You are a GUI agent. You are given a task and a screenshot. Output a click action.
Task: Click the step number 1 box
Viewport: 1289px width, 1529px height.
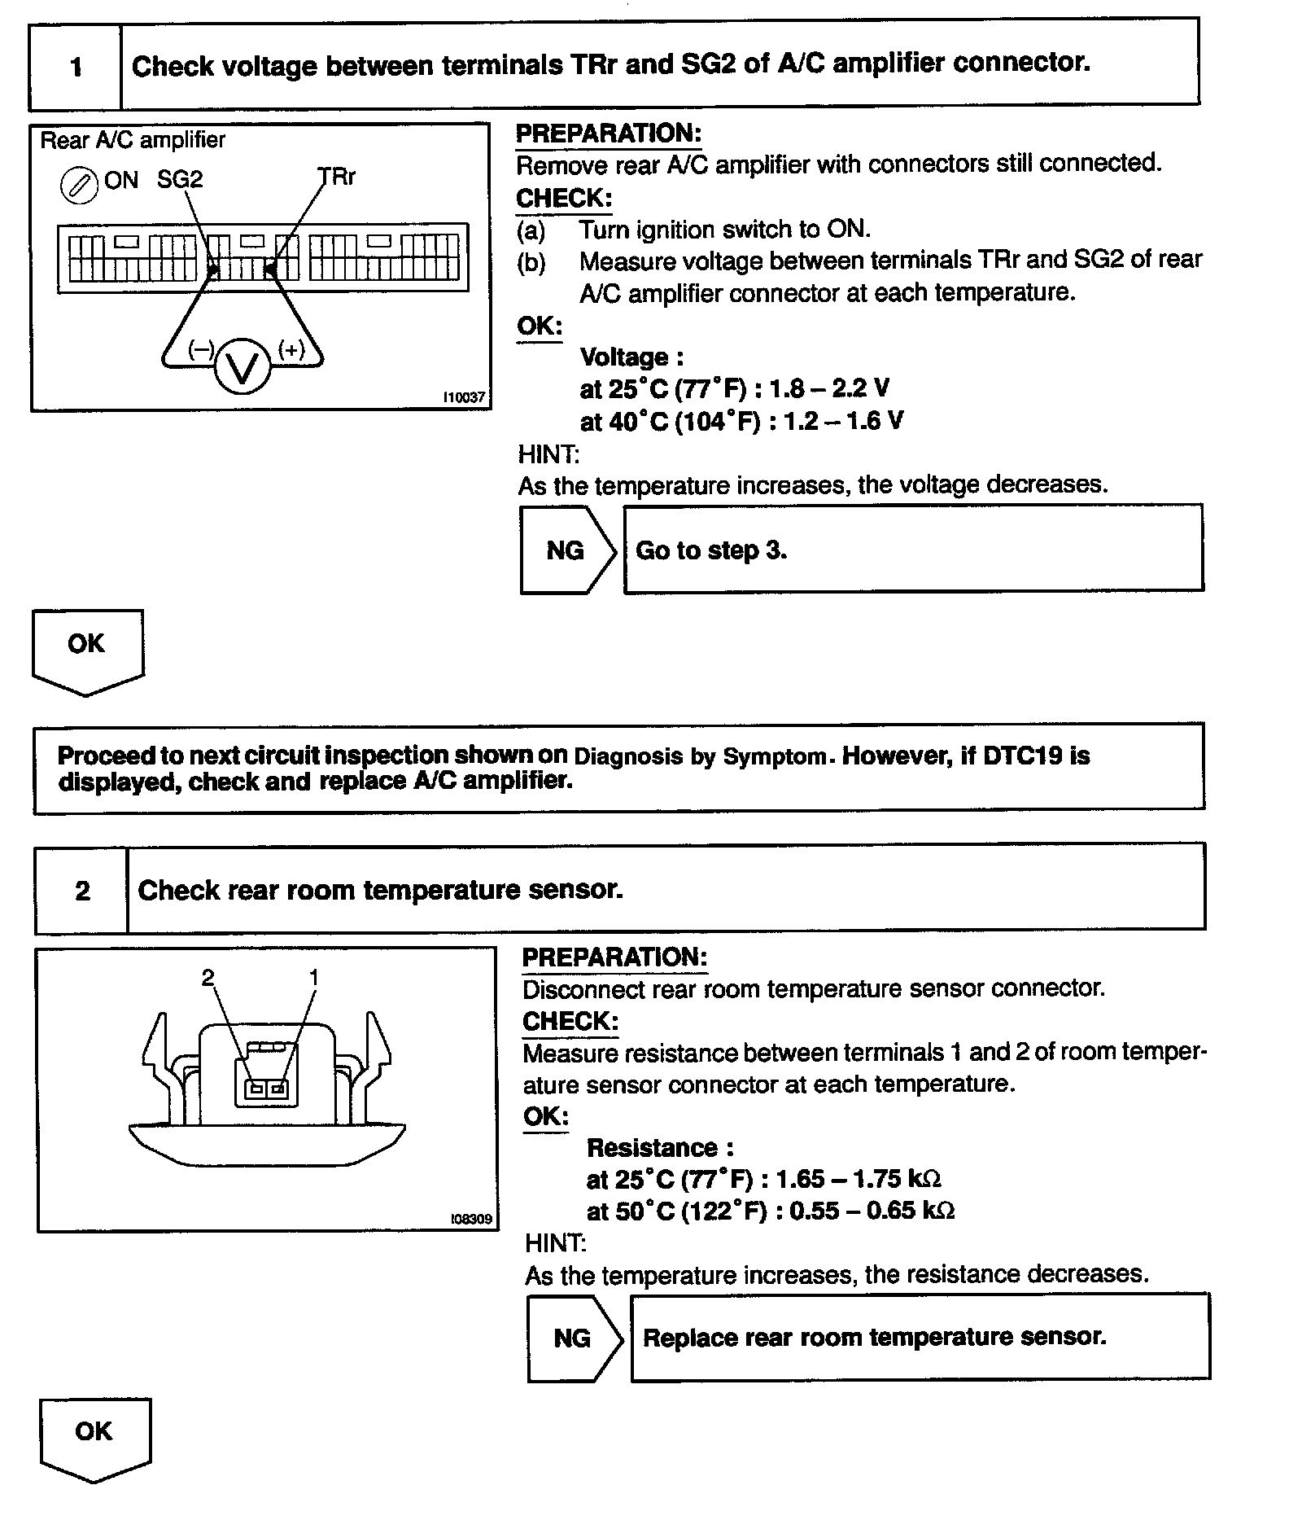pyautogui.click(x=76, y=66)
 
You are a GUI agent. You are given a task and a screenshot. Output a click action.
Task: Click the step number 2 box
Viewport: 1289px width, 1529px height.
pyautogui.click(x=82, y=890)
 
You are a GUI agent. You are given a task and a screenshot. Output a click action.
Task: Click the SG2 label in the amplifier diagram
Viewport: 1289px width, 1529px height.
pyautogui.click(x=180, y=179)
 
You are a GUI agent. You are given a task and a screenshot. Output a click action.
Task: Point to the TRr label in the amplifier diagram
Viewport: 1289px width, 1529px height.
pyautogui.click(x=337, y=177)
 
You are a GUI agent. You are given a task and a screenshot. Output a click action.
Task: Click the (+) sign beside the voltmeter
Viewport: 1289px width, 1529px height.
pyautogui.click(x=291, y=349)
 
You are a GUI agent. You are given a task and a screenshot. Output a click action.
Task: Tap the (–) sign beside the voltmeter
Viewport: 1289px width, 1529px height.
pyautogui.click(x=200, y=350)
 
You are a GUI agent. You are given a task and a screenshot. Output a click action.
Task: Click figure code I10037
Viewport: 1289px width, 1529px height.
pyautogui.click(x=464, y=397)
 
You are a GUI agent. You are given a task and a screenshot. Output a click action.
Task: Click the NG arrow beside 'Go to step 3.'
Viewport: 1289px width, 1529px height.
pyautogui.click(x=567, y=550)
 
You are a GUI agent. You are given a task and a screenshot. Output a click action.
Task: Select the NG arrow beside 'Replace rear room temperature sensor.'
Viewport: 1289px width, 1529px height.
pyautogui.click(x=574, y=1338)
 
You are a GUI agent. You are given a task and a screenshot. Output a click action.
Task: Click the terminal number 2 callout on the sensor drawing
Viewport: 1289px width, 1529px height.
pyautogui.click(x=208, y=977)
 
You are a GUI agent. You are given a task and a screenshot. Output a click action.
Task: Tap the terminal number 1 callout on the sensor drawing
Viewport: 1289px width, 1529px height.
pyautogui.click(x=314, y=977)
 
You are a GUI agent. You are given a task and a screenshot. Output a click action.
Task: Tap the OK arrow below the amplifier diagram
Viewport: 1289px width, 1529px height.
pyautogui.click(x=87, y=650)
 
